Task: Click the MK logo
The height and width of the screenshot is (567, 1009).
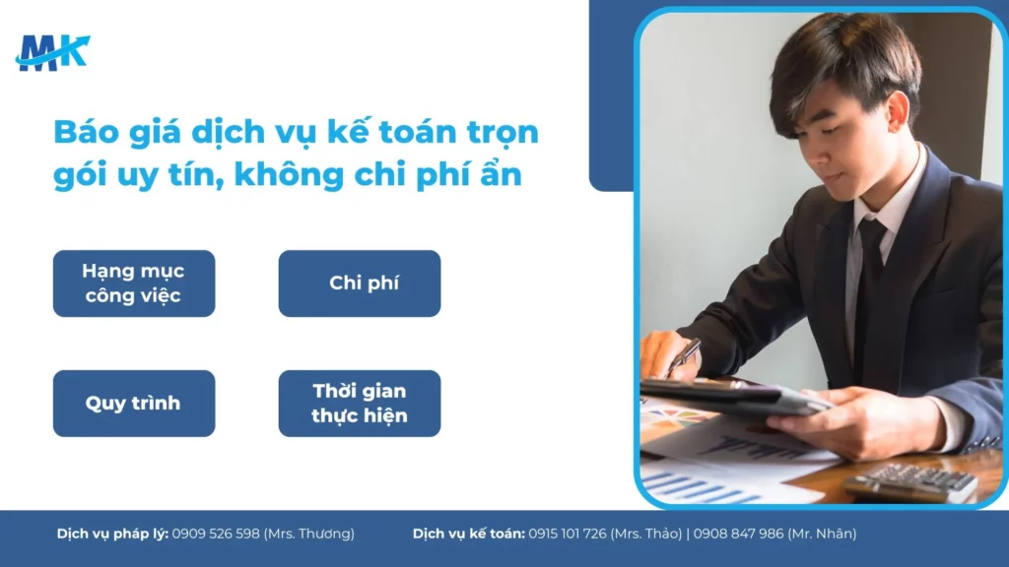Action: [x=52, y=51]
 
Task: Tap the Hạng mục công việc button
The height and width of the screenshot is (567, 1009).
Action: [x=134, y=283]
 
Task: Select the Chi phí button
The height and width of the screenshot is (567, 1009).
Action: [x=360, y=283]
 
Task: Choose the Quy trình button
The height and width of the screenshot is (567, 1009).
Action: [x=134, y=404]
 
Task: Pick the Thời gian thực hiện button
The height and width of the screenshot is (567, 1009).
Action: [x=360, y=404]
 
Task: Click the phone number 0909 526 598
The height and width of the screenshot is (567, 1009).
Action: [x=216, y=534]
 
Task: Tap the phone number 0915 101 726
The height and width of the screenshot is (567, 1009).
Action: [x=567, y=534]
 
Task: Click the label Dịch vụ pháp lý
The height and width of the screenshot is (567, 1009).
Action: [x=112, y=534]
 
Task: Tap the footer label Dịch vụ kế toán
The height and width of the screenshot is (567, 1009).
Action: [x=468, y=534]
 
